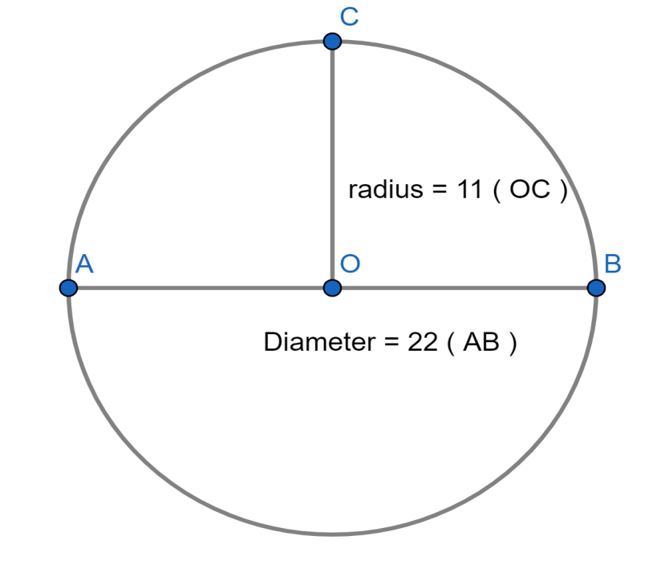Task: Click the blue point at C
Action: click(332, 42)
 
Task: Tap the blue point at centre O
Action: click(332, 288)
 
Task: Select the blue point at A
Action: click(68, 288)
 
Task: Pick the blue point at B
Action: click(596, 288)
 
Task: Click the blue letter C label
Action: click(350, 17)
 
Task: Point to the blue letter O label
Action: click(351, 264)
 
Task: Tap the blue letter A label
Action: click(84, 264)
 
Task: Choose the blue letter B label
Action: click(613, 264)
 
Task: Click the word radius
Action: click(386, 189)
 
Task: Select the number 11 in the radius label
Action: click(469, 189)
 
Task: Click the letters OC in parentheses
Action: click(530, 189)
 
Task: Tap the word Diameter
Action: click(320, 342)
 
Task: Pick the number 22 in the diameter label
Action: click(423, 342)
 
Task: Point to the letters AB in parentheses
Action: click(481, 342)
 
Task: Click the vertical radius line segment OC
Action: click(332, 164)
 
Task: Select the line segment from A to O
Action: click(201, 288)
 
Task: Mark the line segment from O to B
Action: click(464, 288)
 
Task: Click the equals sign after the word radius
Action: click(440, 190)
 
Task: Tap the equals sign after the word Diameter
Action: click(392, 342)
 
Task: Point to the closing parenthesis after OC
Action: click(563, 191)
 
